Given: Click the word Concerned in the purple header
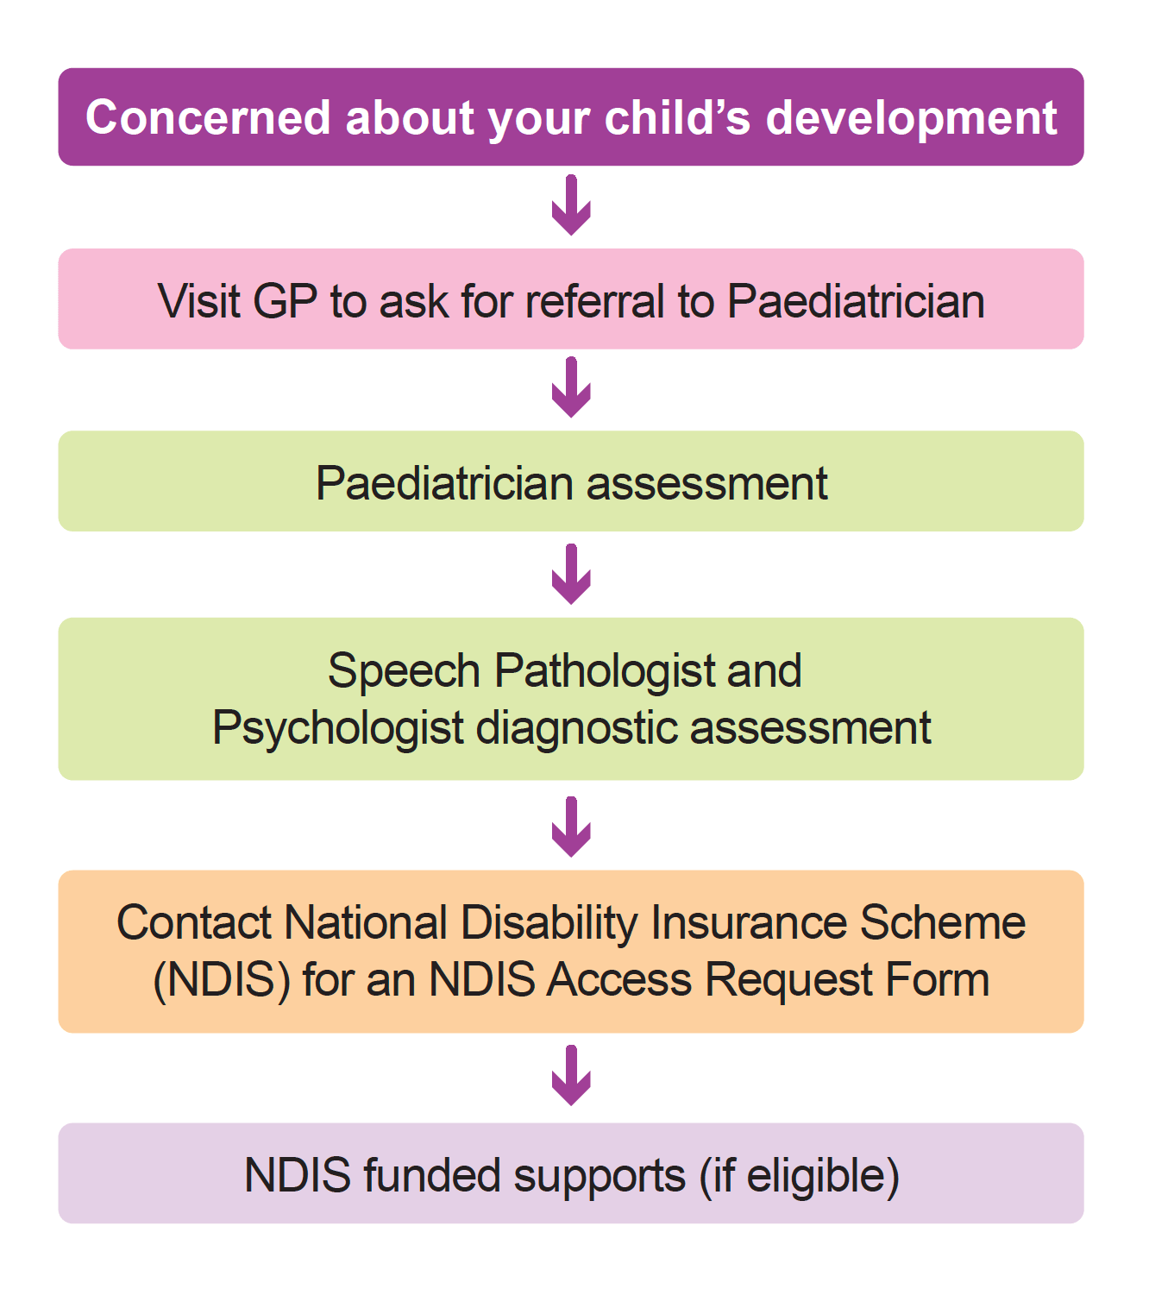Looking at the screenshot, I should coord(208,117).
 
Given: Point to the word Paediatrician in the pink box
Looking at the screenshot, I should coord(856,301).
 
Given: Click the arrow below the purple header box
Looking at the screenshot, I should coord(571,206).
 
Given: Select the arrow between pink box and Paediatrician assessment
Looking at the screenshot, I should coord(571,389).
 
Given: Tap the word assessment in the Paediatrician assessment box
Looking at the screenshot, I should coord(706,483).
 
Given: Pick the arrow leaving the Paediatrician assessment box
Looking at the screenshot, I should coord(571,575).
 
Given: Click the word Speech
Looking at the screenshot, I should coord(404,671).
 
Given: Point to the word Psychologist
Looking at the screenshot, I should coord(338,728).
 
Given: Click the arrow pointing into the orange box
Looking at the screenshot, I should coord(571,827).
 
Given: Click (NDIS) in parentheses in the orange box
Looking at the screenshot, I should coord(221,980).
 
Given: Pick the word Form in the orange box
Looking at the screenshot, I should coord(937,980).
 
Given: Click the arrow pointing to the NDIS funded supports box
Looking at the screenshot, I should coord(571,1076).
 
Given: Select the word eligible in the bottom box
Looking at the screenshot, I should coord(823,1176).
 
